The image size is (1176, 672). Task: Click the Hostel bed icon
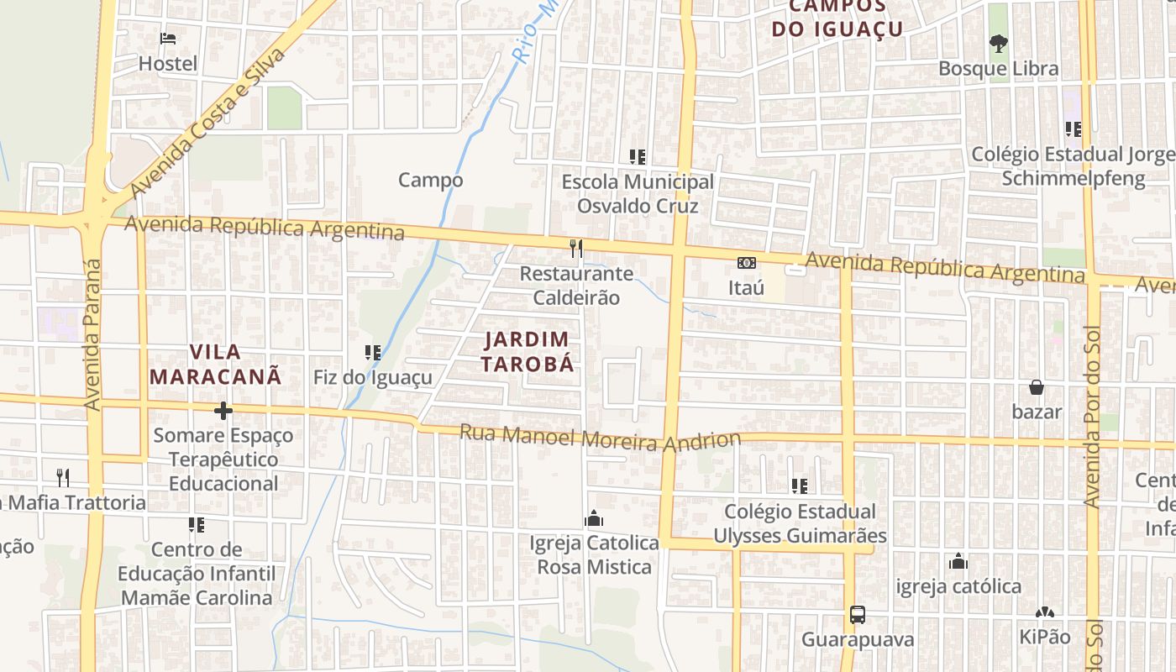pyautogui.click(x=168, y=39)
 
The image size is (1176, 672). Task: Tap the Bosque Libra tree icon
pyautogui.click(x=998, y=43)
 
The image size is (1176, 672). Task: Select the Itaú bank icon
pyautogui.click(x=746, y=263)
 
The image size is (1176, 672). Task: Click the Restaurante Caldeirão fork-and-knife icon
pyautogui.click(x=576, y=248)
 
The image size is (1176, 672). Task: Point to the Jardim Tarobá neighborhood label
pyautogui.click(x=528, y=351)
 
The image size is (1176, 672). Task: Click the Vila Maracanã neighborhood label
pyautogui.click(x=215, y=364)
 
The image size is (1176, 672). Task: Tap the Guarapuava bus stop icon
pyautogui.click(x=857, y=615)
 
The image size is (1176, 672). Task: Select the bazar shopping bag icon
pyautogui.click(x=1037, y=387)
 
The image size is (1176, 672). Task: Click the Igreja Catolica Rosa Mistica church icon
pyautogui.click(x=595, y=518)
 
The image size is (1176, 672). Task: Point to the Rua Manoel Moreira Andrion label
pyautogui.click(x=600, y=438)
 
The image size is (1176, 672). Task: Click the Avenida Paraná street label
pyautogui.click(x=92, y=334)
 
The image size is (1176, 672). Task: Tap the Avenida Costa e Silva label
pyautogui.click(x=208, y=123)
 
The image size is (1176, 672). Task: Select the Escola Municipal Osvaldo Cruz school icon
pyautogui.click(x=638, y=156)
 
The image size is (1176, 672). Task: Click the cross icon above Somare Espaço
pyautogui.click(x=223, y=411)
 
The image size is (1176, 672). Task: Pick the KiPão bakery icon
pyautogui.click(x=1044, y=613)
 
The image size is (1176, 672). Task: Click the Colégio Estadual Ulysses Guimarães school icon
pyautogui.click(x=800, y=486)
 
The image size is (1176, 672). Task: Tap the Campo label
pyautogui.click(x=430, y=180)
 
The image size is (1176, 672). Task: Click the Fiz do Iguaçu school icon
pyautogui.click(x=373, y=352)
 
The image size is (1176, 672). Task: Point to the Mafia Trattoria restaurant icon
pyautogui.click(x=63, y=478)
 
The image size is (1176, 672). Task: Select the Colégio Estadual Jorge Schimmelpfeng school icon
pyautogui.click(x=1073, y=129)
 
